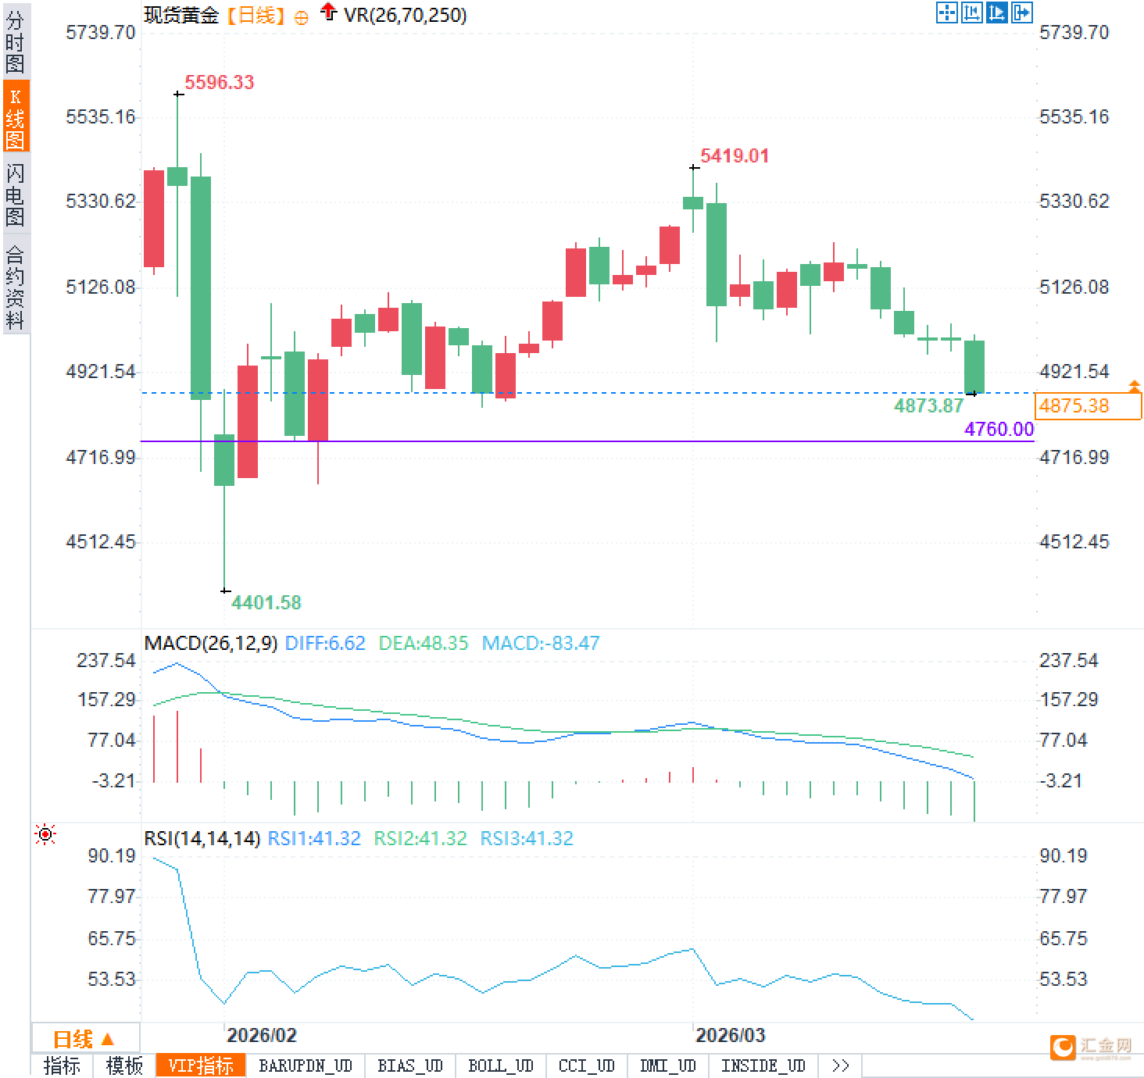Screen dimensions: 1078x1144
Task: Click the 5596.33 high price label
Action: click(219, 82)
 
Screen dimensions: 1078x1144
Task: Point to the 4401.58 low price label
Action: click(266, 602)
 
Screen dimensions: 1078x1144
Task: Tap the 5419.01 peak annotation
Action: click(734, 155)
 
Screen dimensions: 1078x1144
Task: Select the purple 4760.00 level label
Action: click(999, 429)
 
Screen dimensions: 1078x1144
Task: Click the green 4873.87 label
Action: click(928, 405)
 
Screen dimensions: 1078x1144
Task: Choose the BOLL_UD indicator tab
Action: click(500, 1066)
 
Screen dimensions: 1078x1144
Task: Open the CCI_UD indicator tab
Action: click(586, 1066)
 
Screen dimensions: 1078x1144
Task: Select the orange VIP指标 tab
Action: click(201, 1066)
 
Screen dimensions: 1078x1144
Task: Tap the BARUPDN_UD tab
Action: click(306, 1066)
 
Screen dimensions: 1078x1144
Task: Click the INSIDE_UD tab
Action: click(763, 1066)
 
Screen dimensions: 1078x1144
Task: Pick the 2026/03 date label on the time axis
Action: click(730, 1036)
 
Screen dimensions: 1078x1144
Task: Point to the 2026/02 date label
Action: click(261, 1036)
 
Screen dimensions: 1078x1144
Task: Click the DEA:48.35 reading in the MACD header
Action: click(423, 643)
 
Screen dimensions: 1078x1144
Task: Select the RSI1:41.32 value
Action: click(314, 838)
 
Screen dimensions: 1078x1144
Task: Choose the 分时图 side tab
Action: click(16, 42)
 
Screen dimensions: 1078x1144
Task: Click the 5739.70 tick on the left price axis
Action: click(100, 32)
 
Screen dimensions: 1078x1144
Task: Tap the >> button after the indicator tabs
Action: click(840, 1066)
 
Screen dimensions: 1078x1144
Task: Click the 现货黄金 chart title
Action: click(181, 15)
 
